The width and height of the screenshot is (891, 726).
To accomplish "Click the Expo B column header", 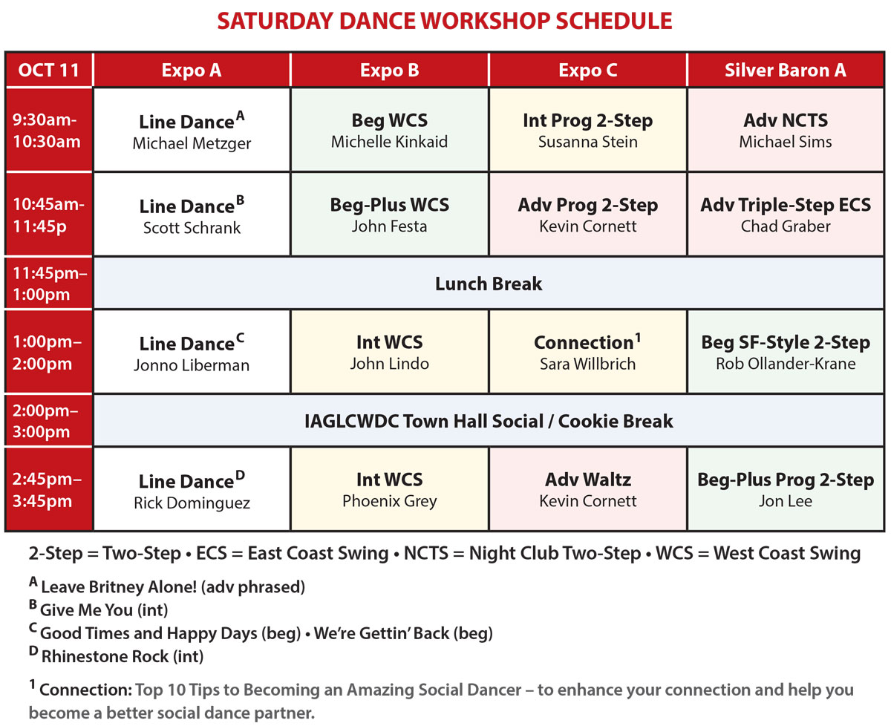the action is pos(390,70).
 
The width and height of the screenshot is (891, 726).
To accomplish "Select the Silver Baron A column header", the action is pos(786,70).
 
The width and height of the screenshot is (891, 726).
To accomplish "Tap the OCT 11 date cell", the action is pos(49,70).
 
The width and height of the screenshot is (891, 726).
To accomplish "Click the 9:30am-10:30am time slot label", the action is pos(47,131).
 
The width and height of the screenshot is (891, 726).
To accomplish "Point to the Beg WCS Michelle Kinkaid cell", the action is pos(390,130).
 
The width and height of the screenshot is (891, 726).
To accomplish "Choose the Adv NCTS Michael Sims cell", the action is pos(786,130).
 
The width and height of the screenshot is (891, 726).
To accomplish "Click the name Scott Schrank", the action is pos(192,228).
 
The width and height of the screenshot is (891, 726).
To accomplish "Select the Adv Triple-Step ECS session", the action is pos(786,214).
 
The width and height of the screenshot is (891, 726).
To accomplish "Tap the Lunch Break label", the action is pos(489,284).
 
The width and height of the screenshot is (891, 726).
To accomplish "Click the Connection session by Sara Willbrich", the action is pos(588,352).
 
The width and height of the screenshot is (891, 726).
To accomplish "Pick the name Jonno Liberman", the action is pos(192,365).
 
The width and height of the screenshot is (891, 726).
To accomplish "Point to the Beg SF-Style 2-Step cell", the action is pos(786,352).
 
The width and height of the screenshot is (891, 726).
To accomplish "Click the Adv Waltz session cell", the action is pos(588,489).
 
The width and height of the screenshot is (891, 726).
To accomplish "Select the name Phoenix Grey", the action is pos(390,501).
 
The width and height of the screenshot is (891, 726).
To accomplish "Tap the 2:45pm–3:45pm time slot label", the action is pos(47,490).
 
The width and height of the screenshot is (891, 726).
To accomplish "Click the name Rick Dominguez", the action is pos(192,503).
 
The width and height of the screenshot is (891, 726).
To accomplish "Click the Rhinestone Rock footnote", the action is pos(117,655).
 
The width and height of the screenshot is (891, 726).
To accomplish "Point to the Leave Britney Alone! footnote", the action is pos(167,586).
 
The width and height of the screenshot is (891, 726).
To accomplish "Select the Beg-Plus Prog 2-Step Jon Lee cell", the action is pos(786,489).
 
